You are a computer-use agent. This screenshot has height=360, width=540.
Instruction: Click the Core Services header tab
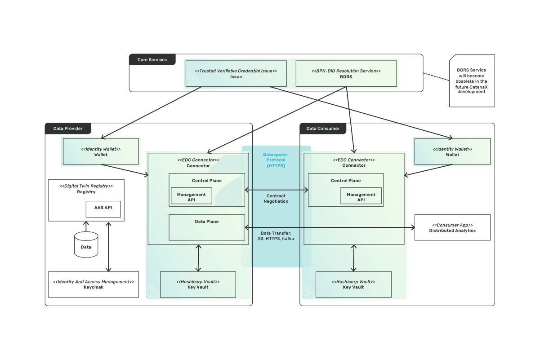(152, 60)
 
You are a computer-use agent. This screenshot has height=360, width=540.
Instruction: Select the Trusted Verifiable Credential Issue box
(236, 74)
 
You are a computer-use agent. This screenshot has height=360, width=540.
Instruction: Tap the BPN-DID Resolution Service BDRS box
(346, 74)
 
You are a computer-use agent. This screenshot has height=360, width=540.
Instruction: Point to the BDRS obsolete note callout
(472, 81)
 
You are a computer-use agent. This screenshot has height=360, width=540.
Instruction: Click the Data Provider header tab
(68, 129)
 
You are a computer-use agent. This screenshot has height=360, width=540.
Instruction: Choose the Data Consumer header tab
(323, 129)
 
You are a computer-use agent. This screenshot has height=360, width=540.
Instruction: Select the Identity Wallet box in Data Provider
(101, 151)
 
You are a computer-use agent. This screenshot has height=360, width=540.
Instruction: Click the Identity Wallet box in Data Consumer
(452, 151)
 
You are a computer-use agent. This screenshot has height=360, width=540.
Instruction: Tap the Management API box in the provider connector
(191, 196)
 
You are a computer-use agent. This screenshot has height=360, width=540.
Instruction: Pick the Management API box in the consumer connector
(361, 196)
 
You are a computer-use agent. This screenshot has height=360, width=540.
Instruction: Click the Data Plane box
(207, 227)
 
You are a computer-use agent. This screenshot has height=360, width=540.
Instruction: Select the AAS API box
(103, 209)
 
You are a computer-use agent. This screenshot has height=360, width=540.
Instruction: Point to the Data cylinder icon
(86, 245)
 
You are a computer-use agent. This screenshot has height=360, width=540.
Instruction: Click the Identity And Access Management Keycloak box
(94, 284)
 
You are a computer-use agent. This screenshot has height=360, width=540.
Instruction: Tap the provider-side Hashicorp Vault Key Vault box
(198, 284)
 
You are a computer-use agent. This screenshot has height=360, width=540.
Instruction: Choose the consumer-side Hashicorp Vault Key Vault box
(353, 284)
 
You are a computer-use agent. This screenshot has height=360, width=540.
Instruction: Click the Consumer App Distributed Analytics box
(452, 227)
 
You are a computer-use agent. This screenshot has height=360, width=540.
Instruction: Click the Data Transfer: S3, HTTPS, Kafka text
(276, 236)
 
